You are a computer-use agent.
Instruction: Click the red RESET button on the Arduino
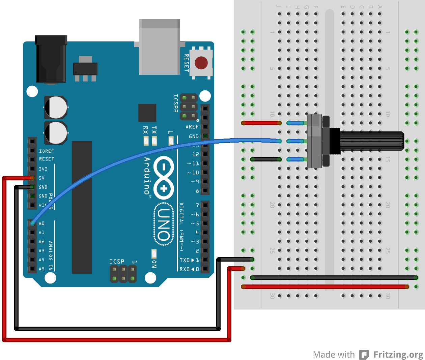pos(201,63)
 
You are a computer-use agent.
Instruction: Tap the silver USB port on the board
pos(160,47)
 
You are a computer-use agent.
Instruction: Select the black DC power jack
pos(51,59)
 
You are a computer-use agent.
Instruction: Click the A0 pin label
pos(41,223)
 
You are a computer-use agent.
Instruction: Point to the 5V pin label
pos(41,178)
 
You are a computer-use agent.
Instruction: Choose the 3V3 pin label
pos(43,169)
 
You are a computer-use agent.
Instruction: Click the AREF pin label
pos(192,127)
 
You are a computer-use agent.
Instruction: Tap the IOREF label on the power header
pos(46,151)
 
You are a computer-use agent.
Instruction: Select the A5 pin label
pos(41,269)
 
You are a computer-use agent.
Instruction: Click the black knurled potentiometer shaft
pos(371,141)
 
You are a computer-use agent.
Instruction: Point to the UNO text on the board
pos(164,224)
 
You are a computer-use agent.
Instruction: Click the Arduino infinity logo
pos(164,178)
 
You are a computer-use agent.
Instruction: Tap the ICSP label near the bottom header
pos(117,261)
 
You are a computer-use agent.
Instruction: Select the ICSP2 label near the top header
pos(175,103)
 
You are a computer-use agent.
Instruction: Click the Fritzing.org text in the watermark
pos(398,355)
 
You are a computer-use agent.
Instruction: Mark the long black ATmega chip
pos(82,207)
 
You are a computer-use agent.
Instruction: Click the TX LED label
pos(154,130)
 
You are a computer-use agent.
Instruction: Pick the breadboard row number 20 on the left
pos(272,205)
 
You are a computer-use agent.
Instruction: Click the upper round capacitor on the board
pos(56,107)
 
